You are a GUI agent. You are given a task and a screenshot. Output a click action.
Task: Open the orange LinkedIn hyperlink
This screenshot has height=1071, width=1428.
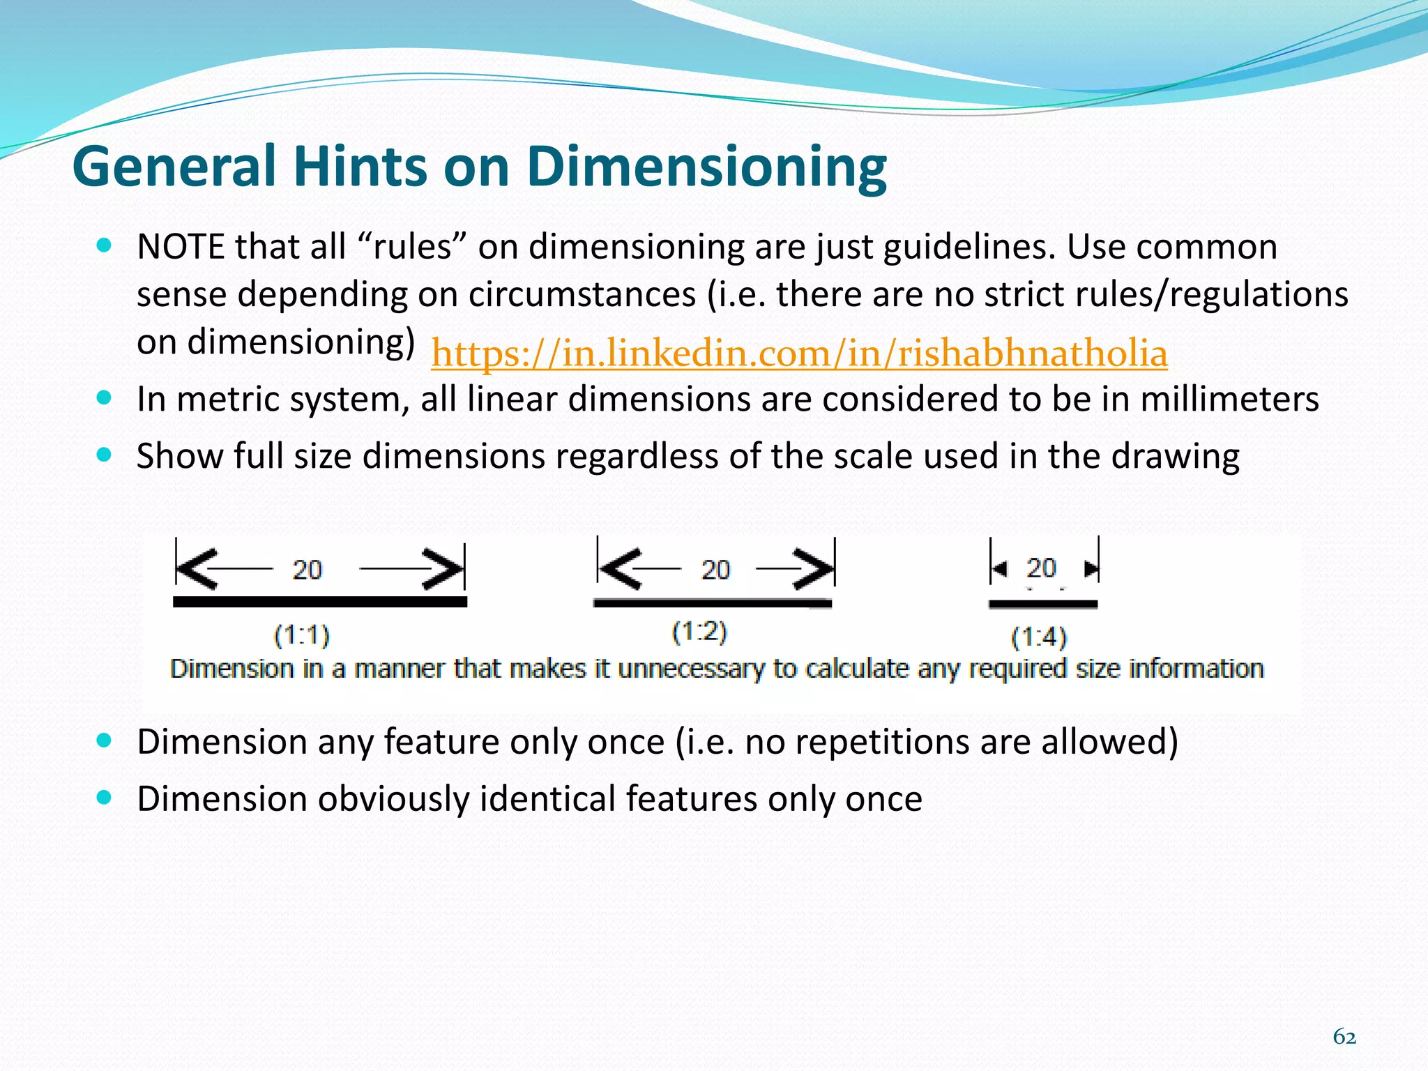click(799, 353)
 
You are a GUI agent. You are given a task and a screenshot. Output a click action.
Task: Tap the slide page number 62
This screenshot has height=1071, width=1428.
click(1344, 1037)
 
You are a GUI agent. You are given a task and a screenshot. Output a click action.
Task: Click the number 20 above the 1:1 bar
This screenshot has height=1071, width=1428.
click(307, 570)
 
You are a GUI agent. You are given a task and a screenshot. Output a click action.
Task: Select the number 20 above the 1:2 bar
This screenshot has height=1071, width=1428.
click(715, 570)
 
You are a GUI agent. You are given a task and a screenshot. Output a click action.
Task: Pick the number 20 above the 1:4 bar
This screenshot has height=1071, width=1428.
click(1041, 568)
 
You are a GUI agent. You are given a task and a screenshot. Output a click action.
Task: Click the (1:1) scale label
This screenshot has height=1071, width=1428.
click(302, 635)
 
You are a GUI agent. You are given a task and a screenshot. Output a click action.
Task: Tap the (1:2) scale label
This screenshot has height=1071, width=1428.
click(699, 632)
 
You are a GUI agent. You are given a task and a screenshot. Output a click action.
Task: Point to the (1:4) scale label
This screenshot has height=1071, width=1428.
click(1039, 637)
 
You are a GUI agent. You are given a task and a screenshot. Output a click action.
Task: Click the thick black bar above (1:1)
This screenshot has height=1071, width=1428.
click(320, 602)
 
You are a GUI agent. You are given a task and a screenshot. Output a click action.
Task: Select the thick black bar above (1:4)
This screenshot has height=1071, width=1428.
click(1043, 605)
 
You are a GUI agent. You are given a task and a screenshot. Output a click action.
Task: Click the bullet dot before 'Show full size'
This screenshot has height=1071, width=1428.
click(105, 455)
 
